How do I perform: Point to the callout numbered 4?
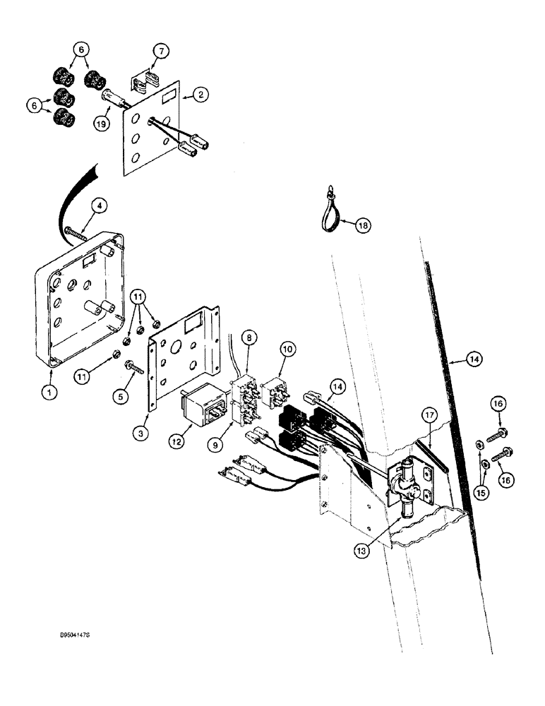[x=101, y=206]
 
